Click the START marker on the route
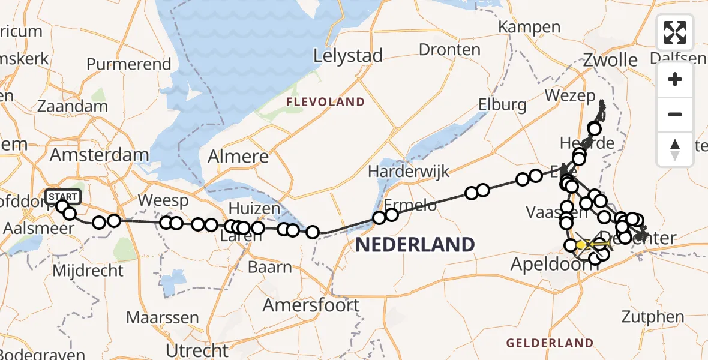(x=62, y=197)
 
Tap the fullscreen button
(x=675, y=32)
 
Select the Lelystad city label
(x=348, y=56)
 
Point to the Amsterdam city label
(x=99, y=155)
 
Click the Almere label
(x=238, y=157)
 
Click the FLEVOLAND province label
(x=325, y=102)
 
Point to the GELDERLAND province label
(x=550, y=343)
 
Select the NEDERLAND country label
(x=415, y=244)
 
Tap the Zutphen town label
(x=653, y=317)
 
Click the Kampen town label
(x=529, y=27)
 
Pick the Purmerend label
(x=129, y=64)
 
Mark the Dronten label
(x=449, y=50)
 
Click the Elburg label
(x=502, y=105)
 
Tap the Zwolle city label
(x=611, y=60)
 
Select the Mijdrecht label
(x=88, y=270)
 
